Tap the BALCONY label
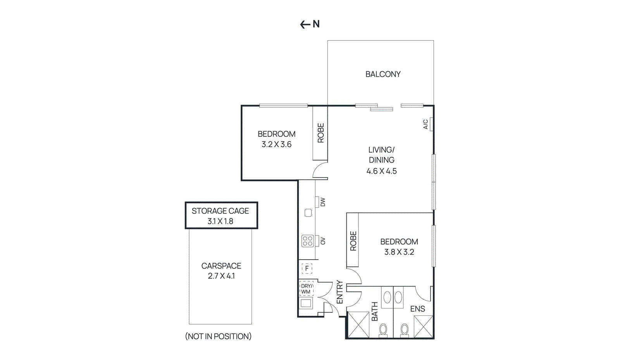coord(383,74)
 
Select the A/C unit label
coord(425,124)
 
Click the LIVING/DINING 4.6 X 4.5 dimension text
coord(382,171)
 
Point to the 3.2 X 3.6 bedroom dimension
coord(276,145)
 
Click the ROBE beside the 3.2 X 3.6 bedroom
coord(320,133)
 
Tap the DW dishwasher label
coord(323,202)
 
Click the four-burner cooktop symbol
coord(308,241)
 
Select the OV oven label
coord(323,241)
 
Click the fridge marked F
coord(307,268)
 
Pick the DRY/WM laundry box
coord(306,289)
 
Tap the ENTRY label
coord(340,292)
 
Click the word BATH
coord(375,312)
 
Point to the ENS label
coord(417,309)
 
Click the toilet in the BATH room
coord(383,330)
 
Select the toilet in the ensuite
coord(404,330)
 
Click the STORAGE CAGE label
coord(220,211)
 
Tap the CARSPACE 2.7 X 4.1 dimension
coord(221,276)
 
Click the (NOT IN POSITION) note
coord(218,336)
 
